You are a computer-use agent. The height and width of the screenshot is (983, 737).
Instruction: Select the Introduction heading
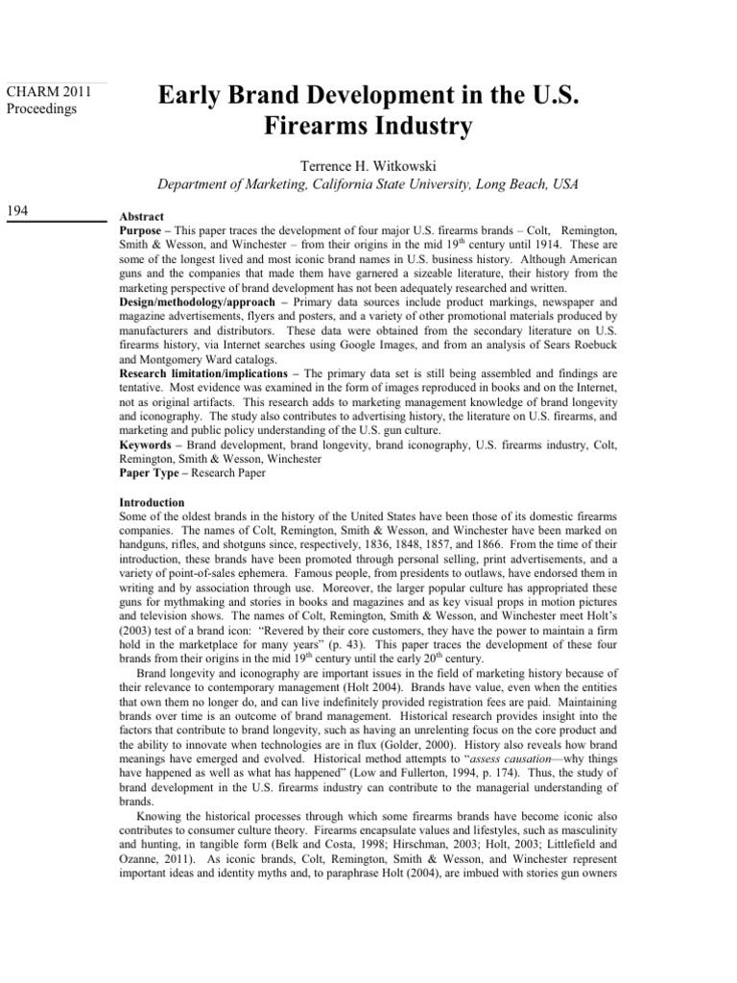click(151, 502)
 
